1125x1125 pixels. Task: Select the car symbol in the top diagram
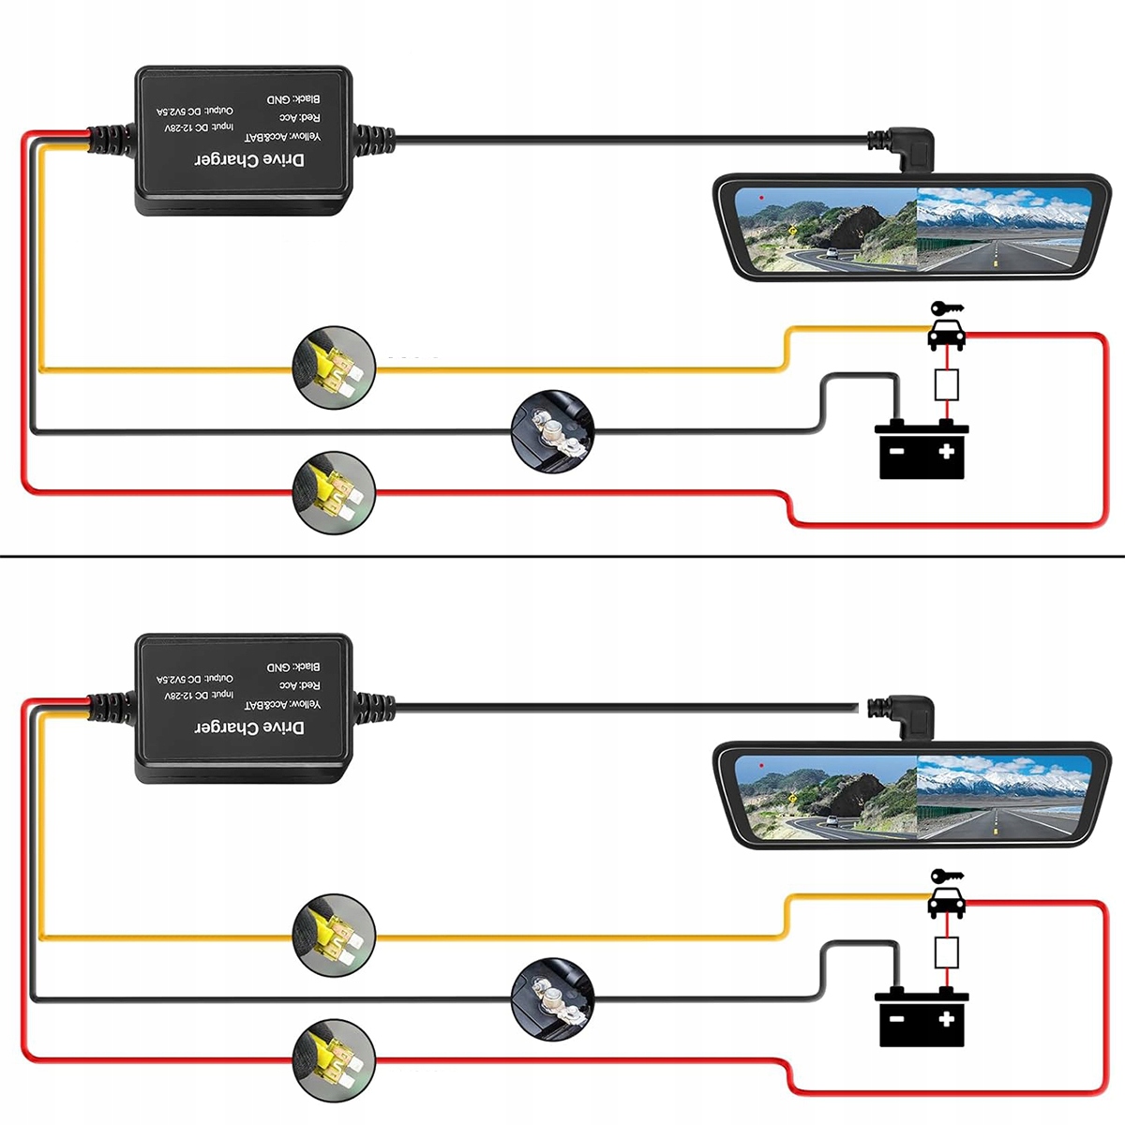[x=946, y=335]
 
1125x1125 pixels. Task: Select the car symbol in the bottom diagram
[x=946, y=903]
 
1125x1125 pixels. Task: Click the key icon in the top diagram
[x=946, y=308]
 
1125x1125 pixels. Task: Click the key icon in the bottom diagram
[x=946, y=877]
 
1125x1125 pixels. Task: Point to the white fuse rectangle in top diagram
[x=947, y=384]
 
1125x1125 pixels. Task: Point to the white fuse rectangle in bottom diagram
[x=947, y=952]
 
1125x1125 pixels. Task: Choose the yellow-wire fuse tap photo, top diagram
[x=335, y=367]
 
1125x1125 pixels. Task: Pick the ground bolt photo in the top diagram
[x=553, y=431]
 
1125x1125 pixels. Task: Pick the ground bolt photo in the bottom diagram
[x=553, y=998]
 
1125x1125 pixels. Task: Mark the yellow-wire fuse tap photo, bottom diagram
[x=335, y=934]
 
